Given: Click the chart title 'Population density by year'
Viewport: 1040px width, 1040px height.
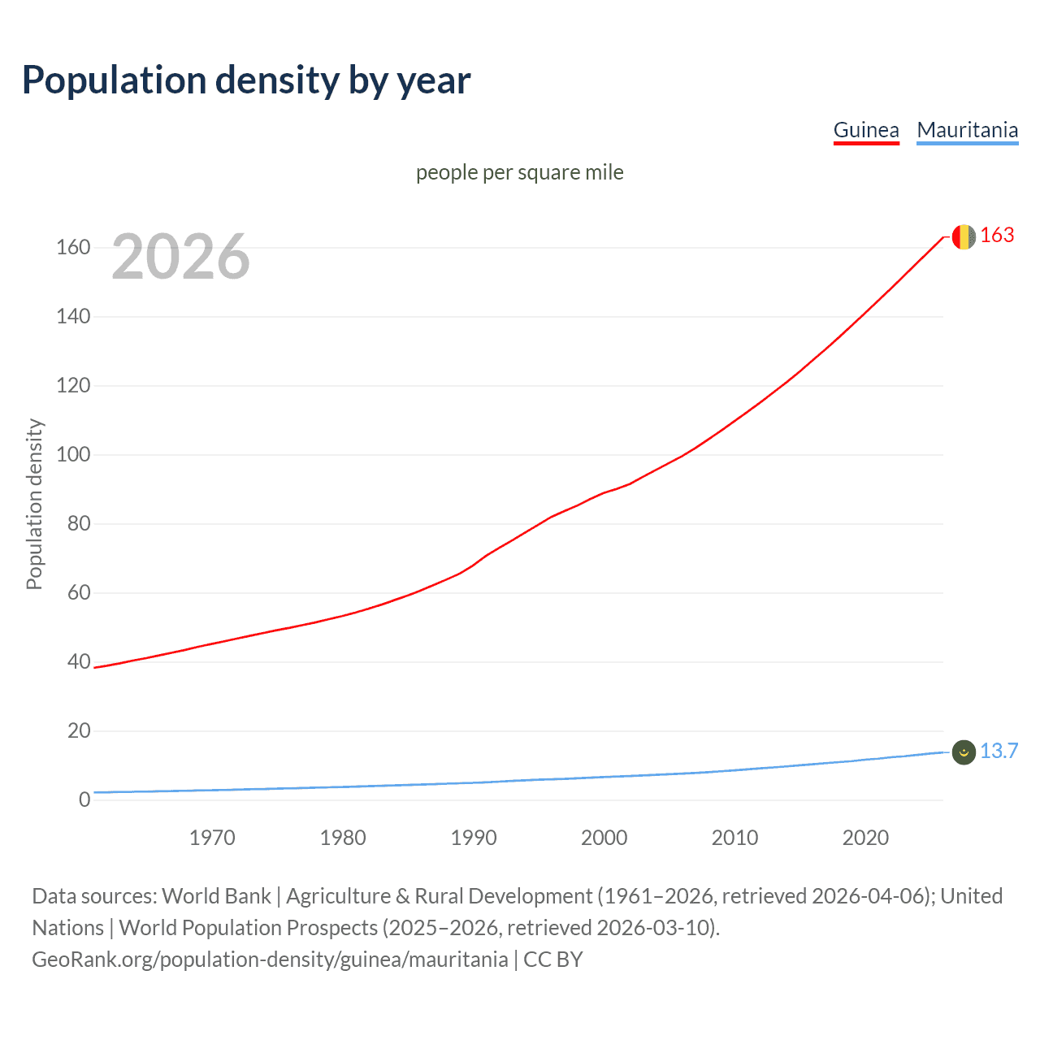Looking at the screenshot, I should pos(246,80).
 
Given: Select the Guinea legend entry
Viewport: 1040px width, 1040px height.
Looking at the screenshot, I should pos(866,130).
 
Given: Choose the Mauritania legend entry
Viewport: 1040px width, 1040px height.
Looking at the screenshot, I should pos(967,130).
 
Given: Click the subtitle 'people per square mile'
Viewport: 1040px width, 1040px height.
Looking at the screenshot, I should pos(520,173).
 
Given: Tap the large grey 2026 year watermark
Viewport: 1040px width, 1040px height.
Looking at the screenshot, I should pos(180,257).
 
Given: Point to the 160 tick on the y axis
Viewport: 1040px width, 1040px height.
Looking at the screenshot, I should pos(73,248).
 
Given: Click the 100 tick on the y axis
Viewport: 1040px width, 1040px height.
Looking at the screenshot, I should pos(73,455).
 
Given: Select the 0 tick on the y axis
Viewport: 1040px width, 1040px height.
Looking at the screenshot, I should pos(84,800).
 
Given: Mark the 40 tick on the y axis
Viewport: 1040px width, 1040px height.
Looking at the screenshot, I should pos(79,662).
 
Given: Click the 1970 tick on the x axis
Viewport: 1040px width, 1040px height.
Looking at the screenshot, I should pos(212,838).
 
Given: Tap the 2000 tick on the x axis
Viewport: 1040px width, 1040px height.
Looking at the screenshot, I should pos(604,838).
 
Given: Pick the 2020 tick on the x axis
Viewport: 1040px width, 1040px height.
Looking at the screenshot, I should pos(865,838).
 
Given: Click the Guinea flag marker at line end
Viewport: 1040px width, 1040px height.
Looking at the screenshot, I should pos(963,236).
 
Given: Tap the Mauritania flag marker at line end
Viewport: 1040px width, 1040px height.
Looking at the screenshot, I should pos(963,752).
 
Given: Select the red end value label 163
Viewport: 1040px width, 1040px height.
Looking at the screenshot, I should pos(997,236).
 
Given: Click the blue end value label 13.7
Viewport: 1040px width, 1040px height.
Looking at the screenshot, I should pos(999,752).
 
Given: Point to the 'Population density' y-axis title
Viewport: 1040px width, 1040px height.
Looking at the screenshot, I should pos(34,504).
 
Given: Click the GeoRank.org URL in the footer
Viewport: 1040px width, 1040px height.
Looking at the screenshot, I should pos(270,960).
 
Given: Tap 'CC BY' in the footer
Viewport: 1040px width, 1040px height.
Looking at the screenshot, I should pos(552,960).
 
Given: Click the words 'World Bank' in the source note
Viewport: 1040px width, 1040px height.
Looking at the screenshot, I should pos(216,896).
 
